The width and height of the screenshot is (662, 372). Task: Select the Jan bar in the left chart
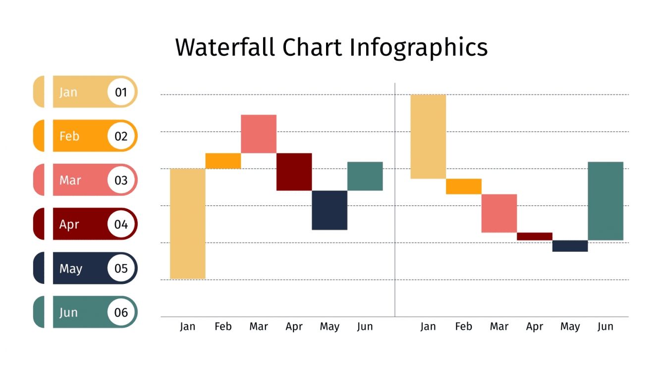tap(187, 224)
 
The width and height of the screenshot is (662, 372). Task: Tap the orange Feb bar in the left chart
tap(223, 161)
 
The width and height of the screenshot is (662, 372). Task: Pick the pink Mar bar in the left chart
tap(258, 134)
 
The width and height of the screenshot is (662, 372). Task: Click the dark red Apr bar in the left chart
tap(294, 172)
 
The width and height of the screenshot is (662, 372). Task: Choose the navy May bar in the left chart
tap(330, 210)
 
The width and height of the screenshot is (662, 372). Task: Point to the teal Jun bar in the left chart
tap(365, 176)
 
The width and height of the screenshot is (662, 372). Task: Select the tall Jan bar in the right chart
tap(428, 137)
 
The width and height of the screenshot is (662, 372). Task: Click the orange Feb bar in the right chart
tap(463, 186)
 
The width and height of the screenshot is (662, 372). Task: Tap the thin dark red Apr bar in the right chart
tap(534, 236)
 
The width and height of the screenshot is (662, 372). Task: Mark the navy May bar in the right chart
tap(570, 246)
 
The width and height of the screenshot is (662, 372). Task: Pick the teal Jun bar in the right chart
tap(605, 201)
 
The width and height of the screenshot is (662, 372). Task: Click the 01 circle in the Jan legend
tap(121, 92)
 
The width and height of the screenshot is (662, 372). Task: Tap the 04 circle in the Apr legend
tap(121, 224)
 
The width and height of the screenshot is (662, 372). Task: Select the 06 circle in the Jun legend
tap(121, 312)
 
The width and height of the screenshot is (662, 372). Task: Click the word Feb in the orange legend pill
tap(69, 136)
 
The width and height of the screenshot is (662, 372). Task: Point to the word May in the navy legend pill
tap(71, 269)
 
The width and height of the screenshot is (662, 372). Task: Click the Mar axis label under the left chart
tap(259, 326)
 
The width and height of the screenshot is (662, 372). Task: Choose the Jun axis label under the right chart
tap(605, 326)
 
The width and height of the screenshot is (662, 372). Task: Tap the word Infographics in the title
tap(418, 48)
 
